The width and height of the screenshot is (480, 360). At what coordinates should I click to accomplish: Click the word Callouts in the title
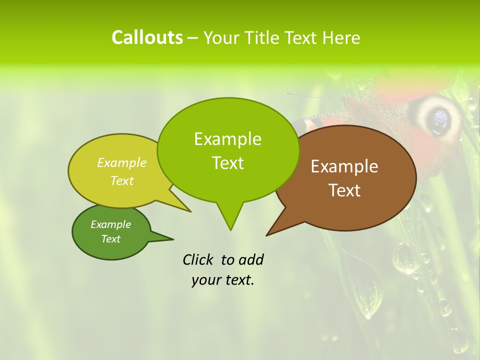coord(147,37)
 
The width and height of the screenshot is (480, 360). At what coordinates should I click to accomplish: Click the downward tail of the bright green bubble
coord(230,220)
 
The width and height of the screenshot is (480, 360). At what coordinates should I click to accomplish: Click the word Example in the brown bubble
coord(344,166)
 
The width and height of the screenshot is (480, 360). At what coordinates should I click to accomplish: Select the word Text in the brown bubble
coord(344,190)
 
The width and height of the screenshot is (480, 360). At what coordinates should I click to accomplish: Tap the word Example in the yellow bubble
coord(122,163)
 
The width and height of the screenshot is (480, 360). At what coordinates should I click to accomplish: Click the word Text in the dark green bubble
coord(111,239)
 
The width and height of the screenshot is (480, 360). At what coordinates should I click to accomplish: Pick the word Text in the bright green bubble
coord(228,163)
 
